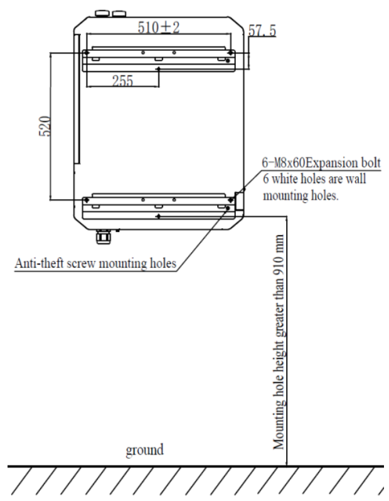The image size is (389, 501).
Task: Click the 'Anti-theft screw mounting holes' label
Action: [x=95, y=261]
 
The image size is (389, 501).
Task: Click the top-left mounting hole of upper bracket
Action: [x=86, y=53]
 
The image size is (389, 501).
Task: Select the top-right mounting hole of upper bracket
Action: [x=231, y=53]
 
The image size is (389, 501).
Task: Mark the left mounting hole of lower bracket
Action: [x=86, y=201]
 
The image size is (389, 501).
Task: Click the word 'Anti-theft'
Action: [x=38, y=261]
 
